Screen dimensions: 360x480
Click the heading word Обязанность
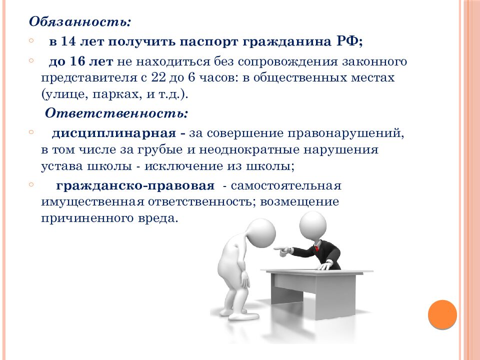pos(80,22)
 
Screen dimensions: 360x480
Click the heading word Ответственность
pos(116,113)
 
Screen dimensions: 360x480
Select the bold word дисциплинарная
pos(113,134)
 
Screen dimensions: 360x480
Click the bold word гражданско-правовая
pos(135,185)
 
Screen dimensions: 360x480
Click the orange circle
pos(442,314)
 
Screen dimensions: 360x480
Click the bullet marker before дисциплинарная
pos(31,132)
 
